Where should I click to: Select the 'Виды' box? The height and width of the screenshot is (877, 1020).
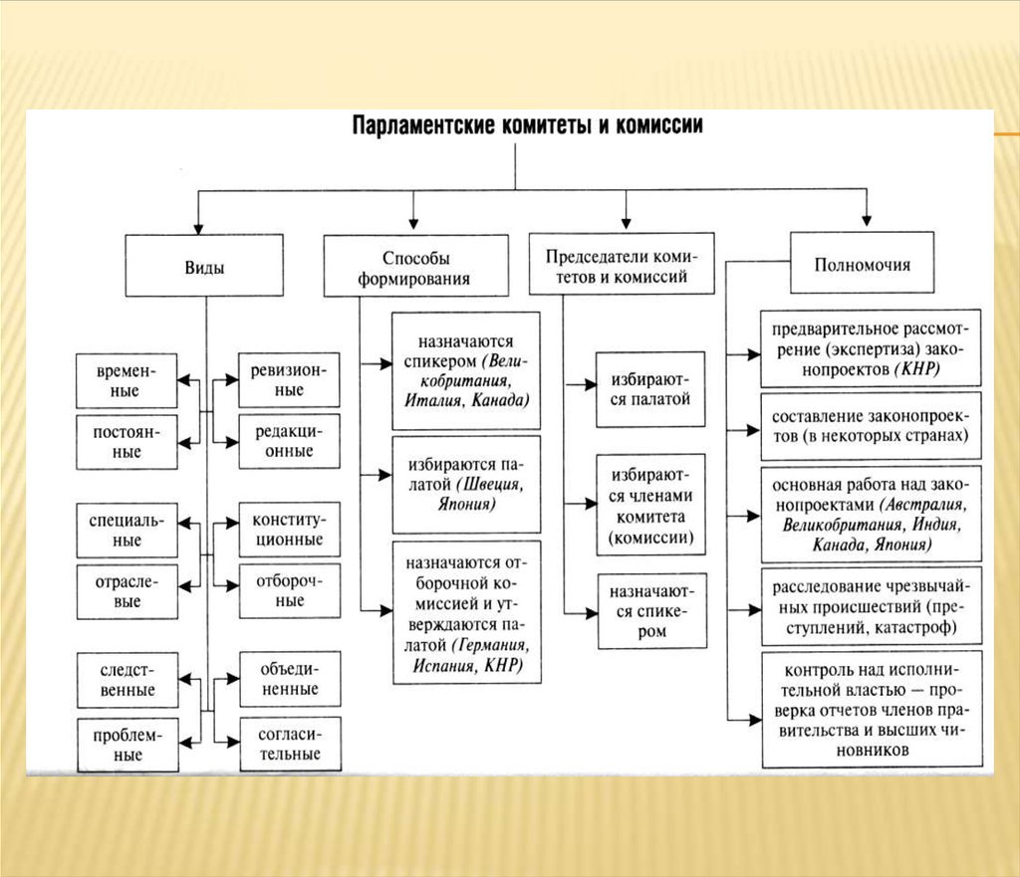pyautogui.click(x=204, y=266)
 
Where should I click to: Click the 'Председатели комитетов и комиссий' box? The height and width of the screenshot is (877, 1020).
pyautogui.click(x=622, y=265)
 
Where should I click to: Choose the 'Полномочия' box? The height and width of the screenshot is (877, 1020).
pyautogui.click(x=862, y=263)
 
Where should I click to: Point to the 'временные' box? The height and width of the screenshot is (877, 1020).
pyautogui.click(x=126, y=380)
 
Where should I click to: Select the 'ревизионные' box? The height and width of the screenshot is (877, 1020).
pyautogui.click(x=289, y=380)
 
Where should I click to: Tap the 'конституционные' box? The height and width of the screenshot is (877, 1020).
pyautogui.click(x=289, y=530)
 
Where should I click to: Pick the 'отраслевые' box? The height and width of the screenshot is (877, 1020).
pyautogui.click(x=126, y=591)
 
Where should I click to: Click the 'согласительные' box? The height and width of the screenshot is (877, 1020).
pyautogui.click(x=289, y=743)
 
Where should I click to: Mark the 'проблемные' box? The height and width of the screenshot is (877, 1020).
pyautogui.click(x=126, y=745)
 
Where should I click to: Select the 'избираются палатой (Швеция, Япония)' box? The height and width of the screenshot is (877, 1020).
pyautogui.click(x=465, y=484)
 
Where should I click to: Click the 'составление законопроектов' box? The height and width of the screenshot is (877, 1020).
pyautogui.click(x=871, y=425)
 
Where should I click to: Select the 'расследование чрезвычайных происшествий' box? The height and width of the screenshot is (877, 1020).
pyautogui.click(x=871, y=604)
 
